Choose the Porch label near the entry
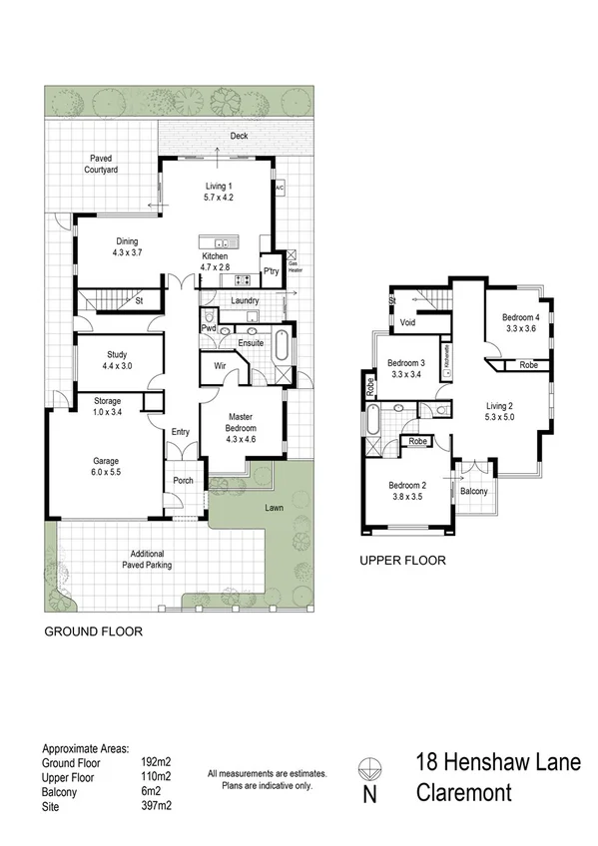(183, 481)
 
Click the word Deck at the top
(239, 136)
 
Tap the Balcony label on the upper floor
(475, 491)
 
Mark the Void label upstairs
(407, 323)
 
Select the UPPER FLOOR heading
(402, 561)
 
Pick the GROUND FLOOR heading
(92, 632)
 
